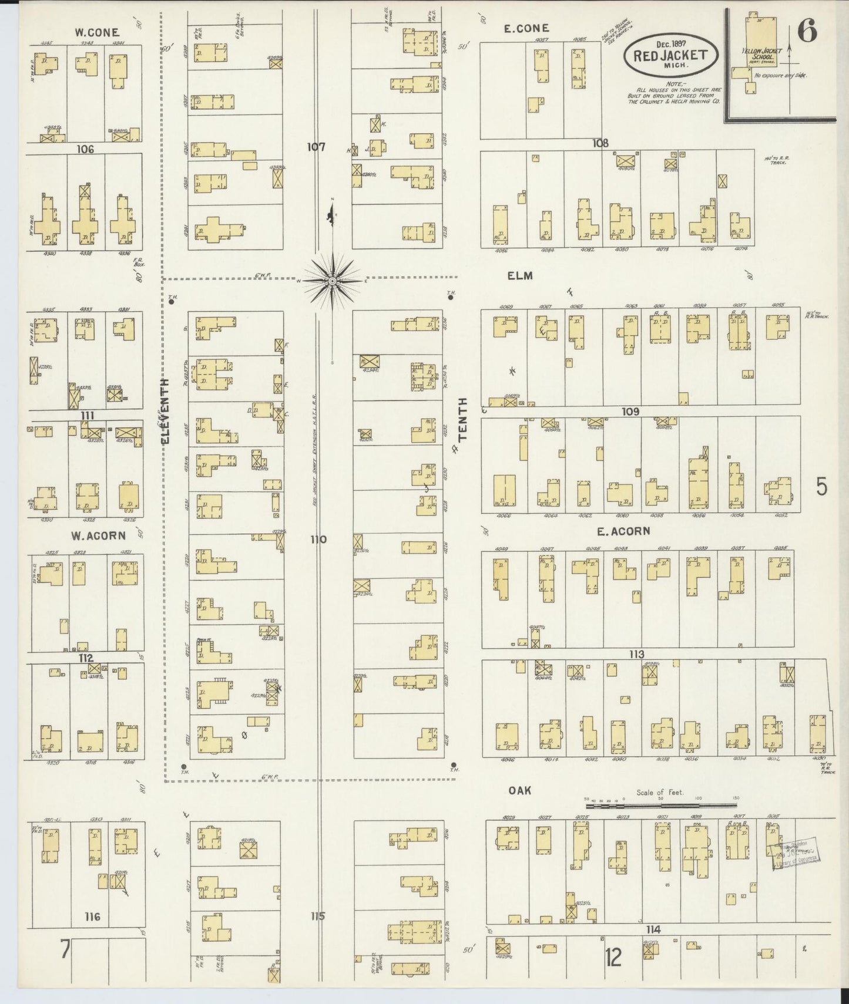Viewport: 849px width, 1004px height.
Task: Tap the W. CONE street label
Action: [x=97, y=32]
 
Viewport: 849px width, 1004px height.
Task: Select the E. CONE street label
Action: [x=526, y=28]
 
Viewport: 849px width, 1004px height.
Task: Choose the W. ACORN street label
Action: [x=98, y=535]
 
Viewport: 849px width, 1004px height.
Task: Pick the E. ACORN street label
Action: [x=623, y=531]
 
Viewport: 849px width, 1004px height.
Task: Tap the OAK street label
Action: [x=519, y=791]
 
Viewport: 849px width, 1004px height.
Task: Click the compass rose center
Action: [x=333, y=281]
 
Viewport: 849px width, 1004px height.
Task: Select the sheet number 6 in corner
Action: [x=807, y=32]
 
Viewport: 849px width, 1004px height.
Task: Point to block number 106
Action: [x=85, y=150]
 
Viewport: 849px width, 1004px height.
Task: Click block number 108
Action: [x=600, y=143]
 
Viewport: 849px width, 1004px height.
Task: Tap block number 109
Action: [x=630, y=412]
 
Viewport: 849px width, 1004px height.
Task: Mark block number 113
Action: [x=636, y=654]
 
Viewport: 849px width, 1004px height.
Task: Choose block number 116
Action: [x=92, y=917]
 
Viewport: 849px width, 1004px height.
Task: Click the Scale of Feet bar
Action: [x=660, y=807]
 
